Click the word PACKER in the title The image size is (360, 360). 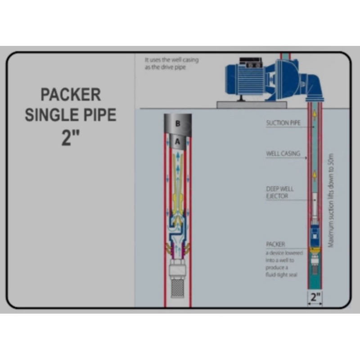tap(71, 95)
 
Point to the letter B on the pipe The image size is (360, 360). tap(178, 123)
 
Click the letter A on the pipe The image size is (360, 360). tap(178, 141)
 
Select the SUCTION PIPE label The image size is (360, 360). tap(283, 122)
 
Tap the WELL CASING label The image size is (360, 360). tap(283, 154)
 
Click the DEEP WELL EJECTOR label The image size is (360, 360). tap(280, 192)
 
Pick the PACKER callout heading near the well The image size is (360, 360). tap(275, 244)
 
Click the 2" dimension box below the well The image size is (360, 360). tap(315, 297)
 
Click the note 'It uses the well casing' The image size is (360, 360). tap(171, 59)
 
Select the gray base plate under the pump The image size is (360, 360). tap(252, 105)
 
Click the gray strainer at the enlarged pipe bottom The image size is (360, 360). tap(177, 279)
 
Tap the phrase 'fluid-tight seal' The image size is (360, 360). tap(281, 274)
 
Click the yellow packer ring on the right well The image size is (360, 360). tap(315, 248)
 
